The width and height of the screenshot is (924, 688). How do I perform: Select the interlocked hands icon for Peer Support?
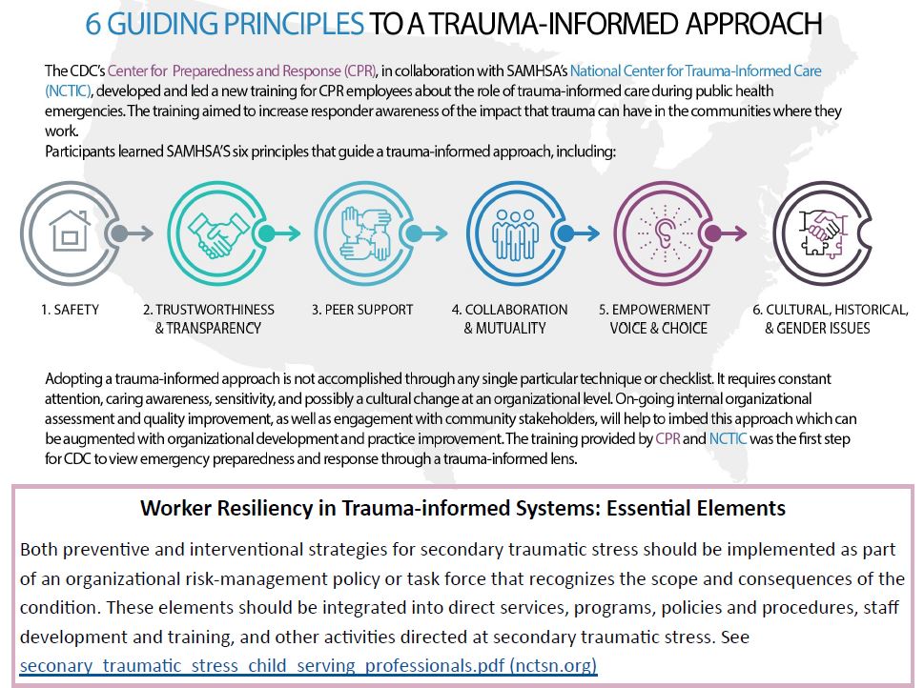click(360, 233)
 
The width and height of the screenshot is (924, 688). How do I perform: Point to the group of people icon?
click(510, 233)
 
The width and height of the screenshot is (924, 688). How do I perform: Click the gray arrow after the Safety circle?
click(131, 232)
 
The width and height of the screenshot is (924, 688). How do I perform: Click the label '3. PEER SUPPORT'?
click(362, 310)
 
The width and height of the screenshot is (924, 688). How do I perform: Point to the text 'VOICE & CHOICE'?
click(658, 329)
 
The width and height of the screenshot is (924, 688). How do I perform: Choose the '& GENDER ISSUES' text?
click(817, 329)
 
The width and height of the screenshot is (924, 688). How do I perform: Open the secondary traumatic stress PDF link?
click(308, 665)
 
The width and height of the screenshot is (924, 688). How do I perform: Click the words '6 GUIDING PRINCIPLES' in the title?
click(225, 24)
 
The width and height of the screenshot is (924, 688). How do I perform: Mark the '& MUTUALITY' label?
click(504, 329)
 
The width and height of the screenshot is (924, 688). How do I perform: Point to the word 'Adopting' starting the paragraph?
click(72, 379)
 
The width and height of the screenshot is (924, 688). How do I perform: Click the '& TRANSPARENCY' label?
click(208, 329)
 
